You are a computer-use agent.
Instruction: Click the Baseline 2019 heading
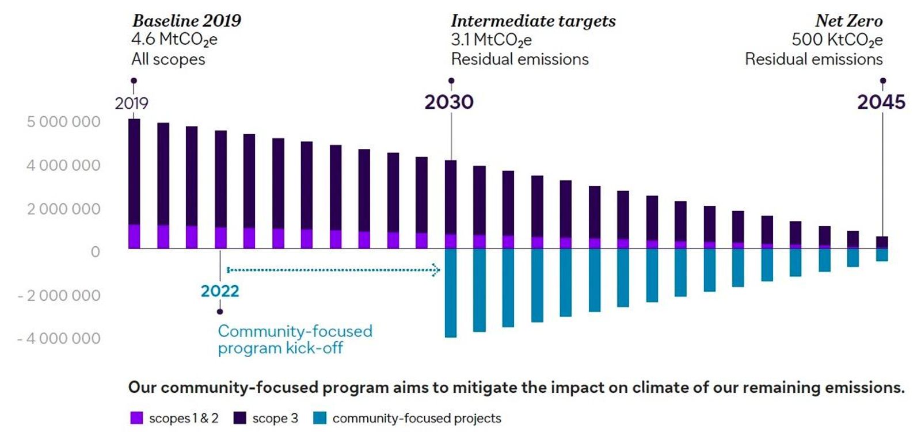(x=187, y=21)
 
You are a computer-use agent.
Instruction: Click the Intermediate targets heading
(x=533, y=21)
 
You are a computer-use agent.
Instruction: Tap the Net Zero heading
(x=848, y=21)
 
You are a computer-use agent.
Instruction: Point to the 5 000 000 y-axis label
(x=63, y=122)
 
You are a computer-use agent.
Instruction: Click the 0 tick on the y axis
(x=95, y=252)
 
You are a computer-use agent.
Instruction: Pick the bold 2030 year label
(x=449, y=102)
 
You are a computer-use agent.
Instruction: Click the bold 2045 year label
(x=881, y=102)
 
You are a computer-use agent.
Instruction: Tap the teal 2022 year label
(x=220, y=291)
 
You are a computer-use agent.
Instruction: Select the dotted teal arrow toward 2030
(x=334, y=269)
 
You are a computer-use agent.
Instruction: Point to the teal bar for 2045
(x=882, y=255)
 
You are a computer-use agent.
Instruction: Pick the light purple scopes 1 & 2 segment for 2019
(x=134, y=236)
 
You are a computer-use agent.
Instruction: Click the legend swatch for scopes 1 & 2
(x=136, y=418)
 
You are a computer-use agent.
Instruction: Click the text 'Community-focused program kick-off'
(x=295, y=339)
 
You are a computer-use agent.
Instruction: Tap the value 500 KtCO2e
(x=836, y=40)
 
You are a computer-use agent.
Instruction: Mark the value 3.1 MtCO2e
(x=491, y=40)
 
